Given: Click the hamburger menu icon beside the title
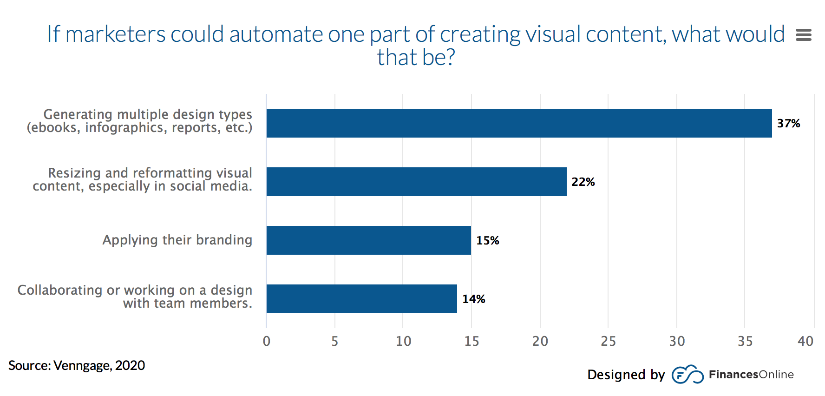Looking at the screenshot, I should pyautogui.click(x=803, y=35).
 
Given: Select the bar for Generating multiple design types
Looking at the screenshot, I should pyautogui.click(x=519, y=123).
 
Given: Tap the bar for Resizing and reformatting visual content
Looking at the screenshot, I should pyautogui.click(x=416, y=182).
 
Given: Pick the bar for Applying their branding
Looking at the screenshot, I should pyautogui.click(x=368, y=240).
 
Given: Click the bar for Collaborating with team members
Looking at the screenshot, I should pyautogui.click(x=361, y=299).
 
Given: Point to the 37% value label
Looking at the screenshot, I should pyautogui.click(x=788, y=124).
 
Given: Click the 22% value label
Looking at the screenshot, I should pyautogui.click(x=583, y=182).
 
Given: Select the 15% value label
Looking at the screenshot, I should pyautogui.click(x=487, y=241).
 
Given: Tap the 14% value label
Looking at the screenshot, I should pyautogui.click(x=473, y=299).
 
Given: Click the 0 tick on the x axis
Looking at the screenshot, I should pyautogui.click(x=266, y=342).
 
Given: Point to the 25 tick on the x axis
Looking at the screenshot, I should pyautogui.click(x=608, y=342).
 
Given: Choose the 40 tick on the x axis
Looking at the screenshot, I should pyautogui.click(x=805, y=342).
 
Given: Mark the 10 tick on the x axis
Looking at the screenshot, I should pyautogui.click(x=403, y=342).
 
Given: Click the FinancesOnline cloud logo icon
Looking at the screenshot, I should pyautogui.click(x=687, y=375).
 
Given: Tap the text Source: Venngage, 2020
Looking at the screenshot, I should pyautogui.click(x=77, y=366).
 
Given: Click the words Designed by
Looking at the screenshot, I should pyautogui.click(x=626, y=375).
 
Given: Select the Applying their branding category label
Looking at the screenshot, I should pyautogui.click(x=177, y=240).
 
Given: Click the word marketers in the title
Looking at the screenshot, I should pyautogui.click(x=115, y=34).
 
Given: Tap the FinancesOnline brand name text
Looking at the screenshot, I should pyautogui.click(x=751, y=375).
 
